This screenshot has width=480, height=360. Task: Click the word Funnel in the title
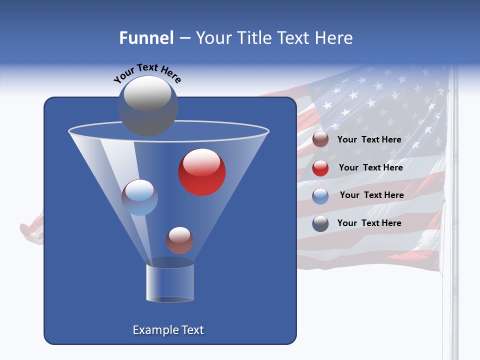pyautogui.click(x=146, y=38)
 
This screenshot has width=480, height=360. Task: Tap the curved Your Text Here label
pyautogui.click(x=147, y=73)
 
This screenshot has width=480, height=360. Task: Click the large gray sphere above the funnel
pyautogui.click(x=147, y=105)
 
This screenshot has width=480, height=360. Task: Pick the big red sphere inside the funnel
pyautogui.click(x=202, y=172)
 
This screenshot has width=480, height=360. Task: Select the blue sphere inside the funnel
pyautogui.click(x=139, y=197)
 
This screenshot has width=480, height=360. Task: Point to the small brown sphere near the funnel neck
pyautogui.click(x=179, y=240)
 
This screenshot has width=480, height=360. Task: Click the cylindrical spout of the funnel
pyautogui.click(x=169, y=282)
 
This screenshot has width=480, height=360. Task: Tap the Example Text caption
pyautogui.click(x=168, y=330)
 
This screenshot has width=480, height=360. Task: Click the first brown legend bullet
pyautogui.click(x=320, y=139)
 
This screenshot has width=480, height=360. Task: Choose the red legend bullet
pyautogui.click(x=320, y=168)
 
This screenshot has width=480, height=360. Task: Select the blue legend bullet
pyautogui.click(x=320, y=196)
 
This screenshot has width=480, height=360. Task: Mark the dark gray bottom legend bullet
pyautogui.click(x=320, y=223)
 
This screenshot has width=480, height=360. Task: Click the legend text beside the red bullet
pyautogui.click(x=370, y=167)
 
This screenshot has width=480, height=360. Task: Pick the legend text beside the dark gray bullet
pyautogui.click(x=369, y=223)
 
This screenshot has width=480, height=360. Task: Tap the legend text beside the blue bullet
pyautogui.click(x=371, y=195)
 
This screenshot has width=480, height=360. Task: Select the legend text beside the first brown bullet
pyautogui.click(x=369, y=139)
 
